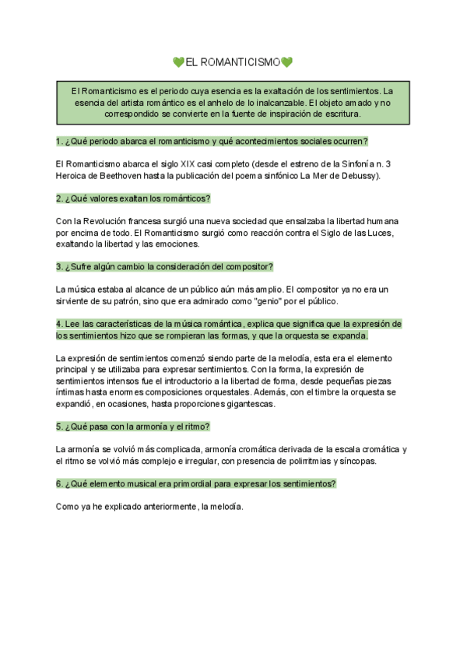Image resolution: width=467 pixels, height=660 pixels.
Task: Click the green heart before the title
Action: point(179,62)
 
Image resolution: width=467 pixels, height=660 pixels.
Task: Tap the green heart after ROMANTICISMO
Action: point(286,62)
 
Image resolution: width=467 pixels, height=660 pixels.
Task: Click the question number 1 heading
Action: point(212,141)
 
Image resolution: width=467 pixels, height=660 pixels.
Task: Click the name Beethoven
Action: point(114,176)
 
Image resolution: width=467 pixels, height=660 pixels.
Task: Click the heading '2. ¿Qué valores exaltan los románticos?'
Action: point(134,198)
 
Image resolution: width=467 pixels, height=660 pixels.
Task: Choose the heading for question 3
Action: point(164,266)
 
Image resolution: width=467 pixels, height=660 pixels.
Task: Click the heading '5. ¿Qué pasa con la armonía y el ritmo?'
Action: point(133,427)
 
